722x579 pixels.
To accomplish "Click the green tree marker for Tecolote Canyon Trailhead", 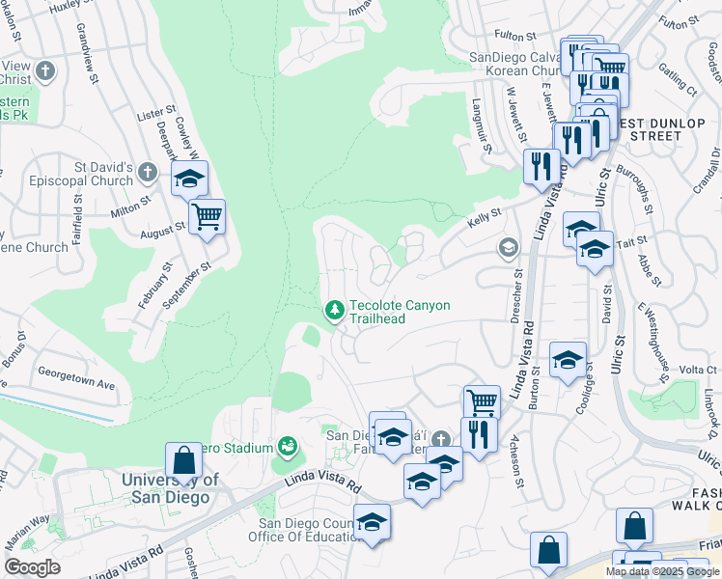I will [x=334, y=310].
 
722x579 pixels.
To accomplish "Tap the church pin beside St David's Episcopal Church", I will [x=148, y=173].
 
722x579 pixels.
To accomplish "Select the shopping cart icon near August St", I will [x=207, y=216].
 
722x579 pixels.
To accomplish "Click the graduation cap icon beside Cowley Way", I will [x=189, y=179].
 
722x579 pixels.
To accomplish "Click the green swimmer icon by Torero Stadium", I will [x=287, y=446].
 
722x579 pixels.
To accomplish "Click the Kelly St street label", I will [x=485, y=213].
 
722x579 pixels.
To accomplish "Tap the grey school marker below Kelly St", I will [x=508, y=248].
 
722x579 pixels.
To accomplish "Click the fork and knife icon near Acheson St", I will [x=479, y=434].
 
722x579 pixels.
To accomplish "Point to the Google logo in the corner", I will [x=32, y=567].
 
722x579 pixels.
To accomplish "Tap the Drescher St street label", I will [x=514, y=297].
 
